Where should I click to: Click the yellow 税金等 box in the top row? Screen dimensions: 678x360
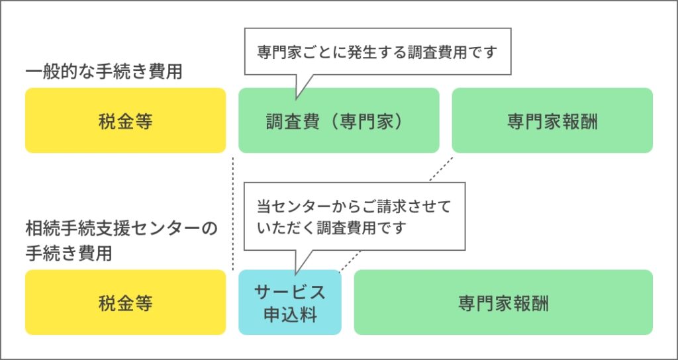(x=125, y=120)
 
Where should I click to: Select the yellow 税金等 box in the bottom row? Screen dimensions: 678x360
(x=125, y=302)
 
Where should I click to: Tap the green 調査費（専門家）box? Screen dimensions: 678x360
(x=339, y=120)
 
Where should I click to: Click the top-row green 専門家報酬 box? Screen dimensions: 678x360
(x=552, y=120)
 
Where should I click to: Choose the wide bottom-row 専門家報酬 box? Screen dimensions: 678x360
(x=503, y=302)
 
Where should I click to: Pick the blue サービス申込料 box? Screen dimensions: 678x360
(x=290, y=302)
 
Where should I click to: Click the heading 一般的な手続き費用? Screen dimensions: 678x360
(x=104, y=71)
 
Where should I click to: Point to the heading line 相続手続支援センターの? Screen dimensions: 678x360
(x=121, y=229)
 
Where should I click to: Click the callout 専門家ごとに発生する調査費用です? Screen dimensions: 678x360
(x=377, y=53)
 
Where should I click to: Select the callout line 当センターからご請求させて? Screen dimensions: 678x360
(x=354, y=206)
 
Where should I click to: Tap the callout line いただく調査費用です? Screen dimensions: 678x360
(x=332, y=228)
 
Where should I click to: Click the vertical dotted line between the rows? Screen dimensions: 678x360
(x=233, y=213)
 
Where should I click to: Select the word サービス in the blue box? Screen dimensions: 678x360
(x=290, y=292)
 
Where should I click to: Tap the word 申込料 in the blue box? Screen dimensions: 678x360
(x=290, y=314)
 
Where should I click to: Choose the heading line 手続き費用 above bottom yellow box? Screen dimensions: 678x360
(x=69, y=253)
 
